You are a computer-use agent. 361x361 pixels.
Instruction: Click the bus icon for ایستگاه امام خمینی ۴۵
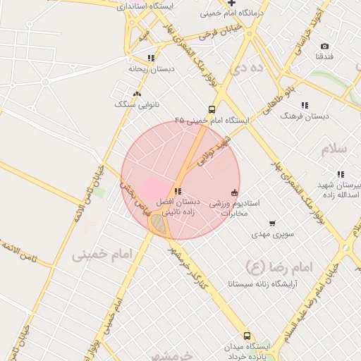point(212,110)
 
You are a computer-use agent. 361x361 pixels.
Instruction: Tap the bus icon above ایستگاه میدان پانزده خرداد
point(247,336)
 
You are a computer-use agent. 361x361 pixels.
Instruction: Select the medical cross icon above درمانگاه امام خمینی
point(231,4)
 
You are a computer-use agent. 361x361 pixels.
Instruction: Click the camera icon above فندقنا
point(324,46)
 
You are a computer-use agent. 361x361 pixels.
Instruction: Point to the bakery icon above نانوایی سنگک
point(137,94)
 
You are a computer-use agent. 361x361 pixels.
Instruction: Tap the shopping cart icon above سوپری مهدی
point(272,224)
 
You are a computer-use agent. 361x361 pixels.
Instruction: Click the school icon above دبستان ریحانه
point(151,59)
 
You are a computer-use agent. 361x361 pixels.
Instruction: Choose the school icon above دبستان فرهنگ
point(305,105)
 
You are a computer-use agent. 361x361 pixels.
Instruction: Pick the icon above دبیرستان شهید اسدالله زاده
point(341,173)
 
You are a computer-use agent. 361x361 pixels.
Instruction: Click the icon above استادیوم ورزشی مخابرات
point(235,192)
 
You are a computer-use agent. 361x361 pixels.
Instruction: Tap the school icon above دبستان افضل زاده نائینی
point(177,191)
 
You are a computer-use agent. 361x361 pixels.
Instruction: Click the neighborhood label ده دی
point(252,68)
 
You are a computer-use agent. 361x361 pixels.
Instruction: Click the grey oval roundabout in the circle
point(159,224)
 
